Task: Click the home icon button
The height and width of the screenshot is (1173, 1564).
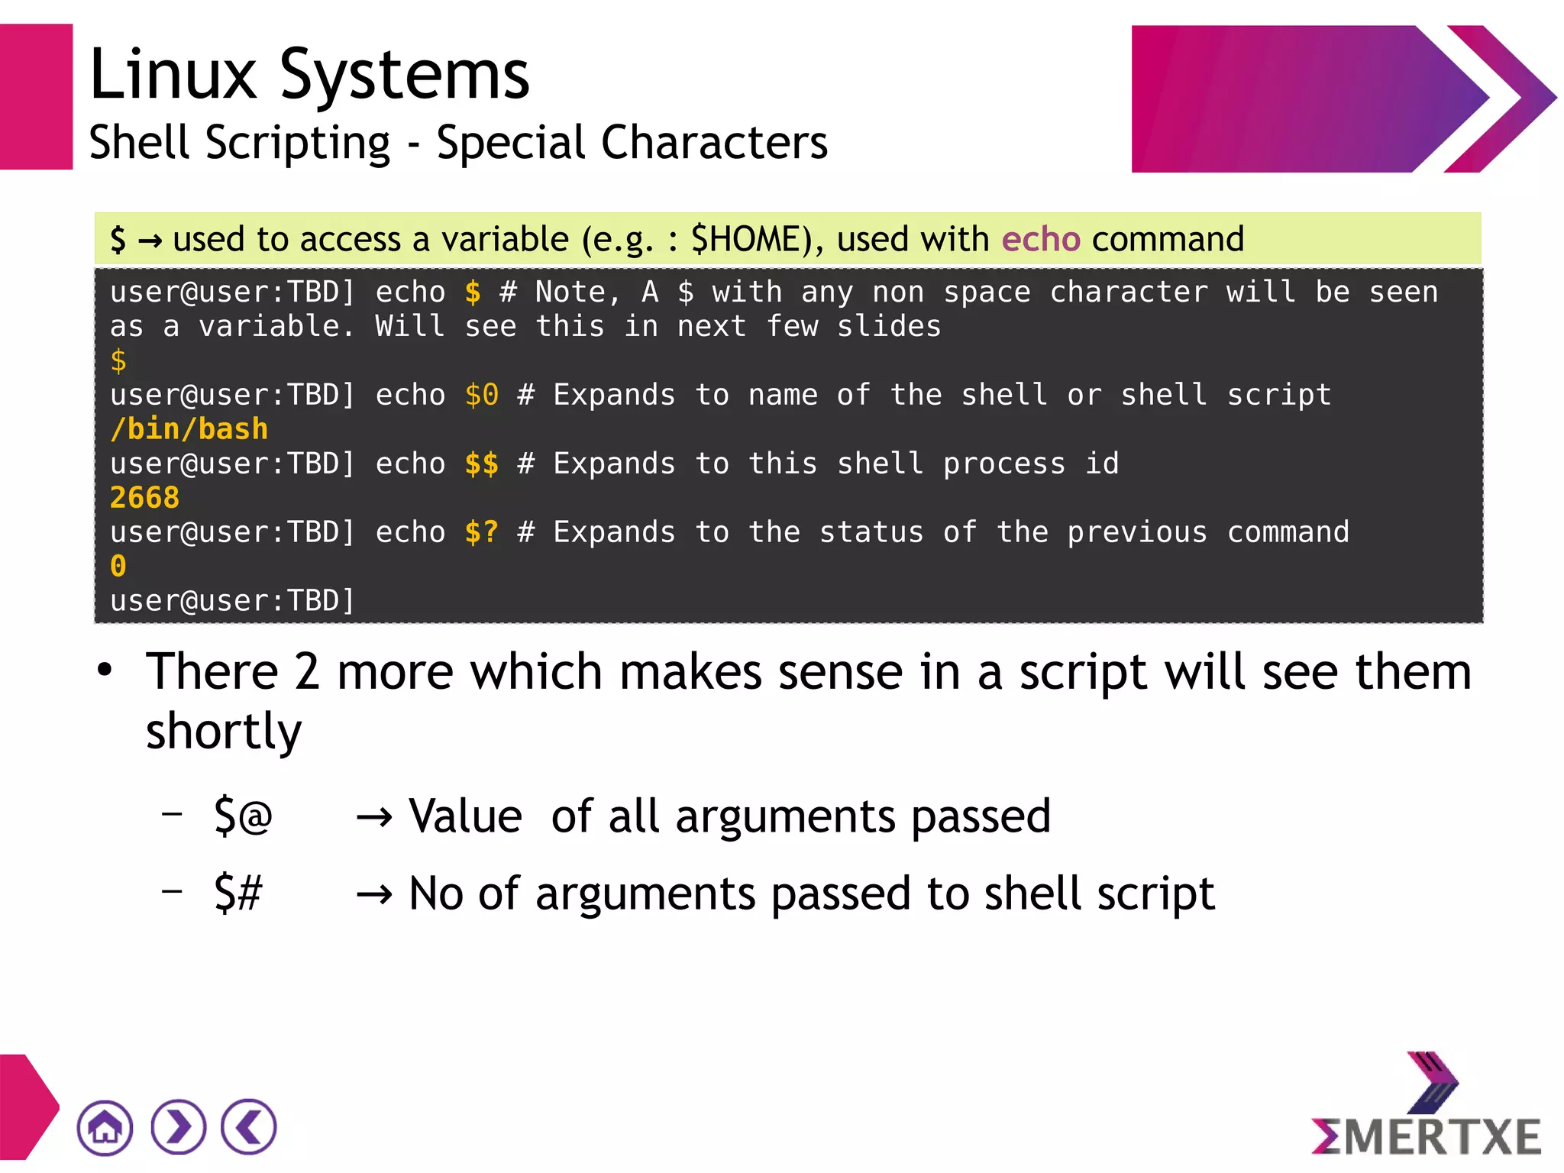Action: [x=105, y=1127]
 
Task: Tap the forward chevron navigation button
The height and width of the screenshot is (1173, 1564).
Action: [x=178, y=1127]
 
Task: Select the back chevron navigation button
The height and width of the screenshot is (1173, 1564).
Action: [x=249, y=1127]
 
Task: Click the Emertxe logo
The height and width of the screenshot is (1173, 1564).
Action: [x=1426, y=1107]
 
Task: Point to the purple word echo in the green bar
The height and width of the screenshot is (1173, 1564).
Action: [x=1041, y=239]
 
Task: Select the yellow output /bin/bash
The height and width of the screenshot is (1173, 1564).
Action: [x=189, y=429]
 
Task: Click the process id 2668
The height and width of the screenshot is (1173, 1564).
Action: [x=144, y=498]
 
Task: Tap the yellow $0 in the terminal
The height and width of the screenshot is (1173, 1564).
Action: [x=482, y=395]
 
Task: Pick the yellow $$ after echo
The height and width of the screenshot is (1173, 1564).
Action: [x=482, y=464]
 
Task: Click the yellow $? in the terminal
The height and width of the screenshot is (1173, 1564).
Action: [x=482, y=532]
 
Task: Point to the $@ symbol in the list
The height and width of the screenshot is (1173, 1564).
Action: [x=243, y=816]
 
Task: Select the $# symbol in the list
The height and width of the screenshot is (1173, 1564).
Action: [x=238, y=893]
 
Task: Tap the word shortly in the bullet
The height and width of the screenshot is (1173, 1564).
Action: [x=224, y=732]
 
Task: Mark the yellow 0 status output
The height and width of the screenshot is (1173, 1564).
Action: [x=118, y=567]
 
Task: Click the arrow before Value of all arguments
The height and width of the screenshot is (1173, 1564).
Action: [x=374, y=818]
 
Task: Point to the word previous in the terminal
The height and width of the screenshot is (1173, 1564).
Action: [x=1137, y=532]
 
